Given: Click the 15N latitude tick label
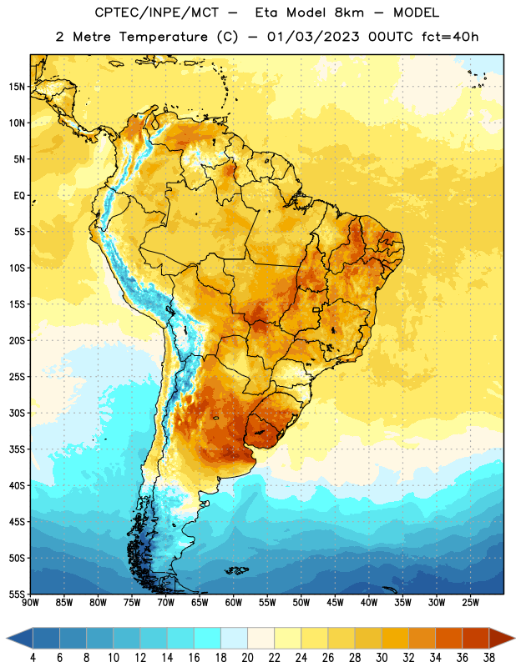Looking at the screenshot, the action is click(17, 87).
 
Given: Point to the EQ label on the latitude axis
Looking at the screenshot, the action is click(19, 196).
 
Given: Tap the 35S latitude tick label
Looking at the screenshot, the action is click(17, 449).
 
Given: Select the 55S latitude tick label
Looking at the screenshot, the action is click(17, 594).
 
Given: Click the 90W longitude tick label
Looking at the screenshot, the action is click(30, 602).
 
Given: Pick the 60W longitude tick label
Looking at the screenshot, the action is click(234, 602).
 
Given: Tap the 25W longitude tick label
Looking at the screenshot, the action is click(470, 602).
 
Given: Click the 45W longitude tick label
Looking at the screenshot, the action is click(335, 602).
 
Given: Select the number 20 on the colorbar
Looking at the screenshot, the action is click(247, 658).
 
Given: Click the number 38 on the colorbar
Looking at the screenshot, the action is click(489, 658).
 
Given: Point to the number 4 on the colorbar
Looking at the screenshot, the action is click(33, 658).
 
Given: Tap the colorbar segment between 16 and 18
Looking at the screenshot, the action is click(207, 638).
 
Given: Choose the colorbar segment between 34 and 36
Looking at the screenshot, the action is click(448, 638).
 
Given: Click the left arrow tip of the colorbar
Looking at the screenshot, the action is click(7, 638).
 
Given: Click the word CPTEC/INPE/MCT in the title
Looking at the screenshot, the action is click(156, 13).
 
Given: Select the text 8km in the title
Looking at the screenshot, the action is click(349, 13).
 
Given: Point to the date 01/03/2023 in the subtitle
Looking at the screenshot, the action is click(313, 37).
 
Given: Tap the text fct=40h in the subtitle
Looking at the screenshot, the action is click(450, 37).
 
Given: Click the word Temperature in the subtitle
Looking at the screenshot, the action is click(163, 37).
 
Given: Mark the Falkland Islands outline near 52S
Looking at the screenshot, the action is click(237, 570).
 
